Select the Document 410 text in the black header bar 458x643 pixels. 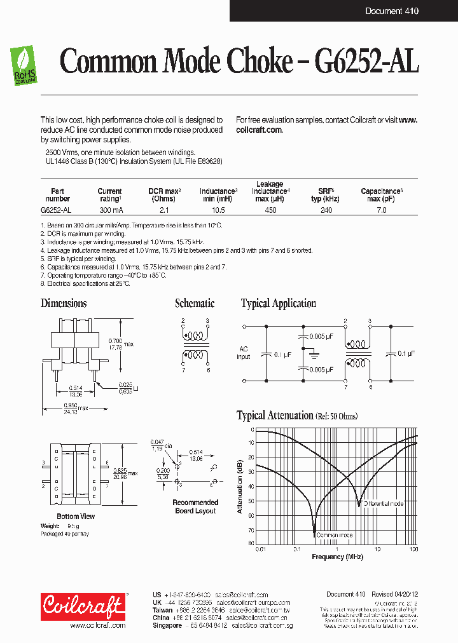pyautogui.click(x=392, y=11)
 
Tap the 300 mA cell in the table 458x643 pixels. pyautogui.click(x=109, y=210)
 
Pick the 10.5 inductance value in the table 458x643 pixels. pyautogui.click(x=218, y=210)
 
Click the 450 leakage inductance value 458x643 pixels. pyautogui.click(x=270, y=210)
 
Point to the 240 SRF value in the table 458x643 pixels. pyautogui.click(x=326, y=210)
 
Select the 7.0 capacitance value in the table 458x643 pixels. pyautogui.click(x=381, y=210)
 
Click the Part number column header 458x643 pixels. pyautogui.click(x=57, y=194)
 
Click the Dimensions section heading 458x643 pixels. pyautogui.click(x=64, y=303)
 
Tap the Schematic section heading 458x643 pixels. pyautogui.click(x=195, y=303)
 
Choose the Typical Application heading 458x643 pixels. pyautogui.click(x=278, y=303)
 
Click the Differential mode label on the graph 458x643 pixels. pyautogui.click(x=384, y=504)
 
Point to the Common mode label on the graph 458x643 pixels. pyautogui.click(x=335, y=536)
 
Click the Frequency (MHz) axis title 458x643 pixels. pyautogui.click(x=337, y=557)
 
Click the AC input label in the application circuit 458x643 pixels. pyautogui.click(x=244, y=353)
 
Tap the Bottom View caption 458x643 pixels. pyautogui.click(x=76, y=516)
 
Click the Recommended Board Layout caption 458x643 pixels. pyautogui.click(x=195, y=506)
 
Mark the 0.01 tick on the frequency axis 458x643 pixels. pyautogui.click(x=260, y=548)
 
